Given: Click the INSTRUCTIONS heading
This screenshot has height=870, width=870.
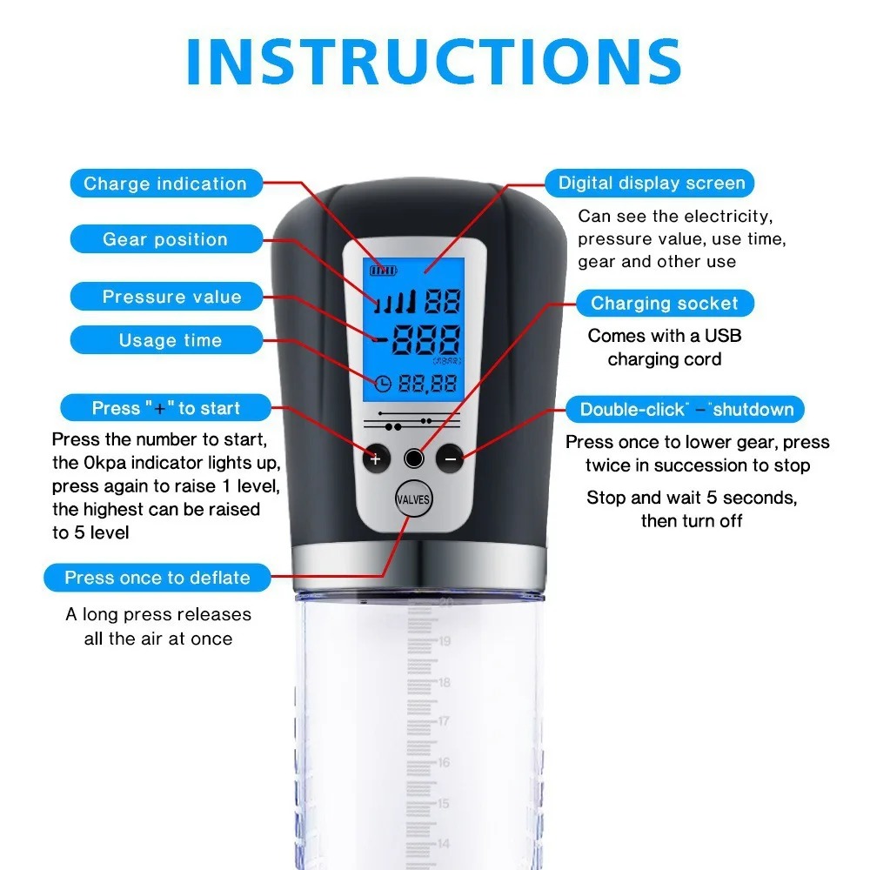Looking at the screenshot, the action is [x=434, y=62].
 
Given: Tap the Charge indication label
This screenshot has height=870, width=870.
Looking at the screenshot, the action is [x=166, y=183].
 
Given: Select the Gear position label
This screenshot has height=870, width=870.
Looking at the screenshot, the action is [x=166, y=239].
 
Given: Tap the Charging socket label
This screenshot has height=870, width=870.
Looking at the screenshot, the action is [x=665, y=303].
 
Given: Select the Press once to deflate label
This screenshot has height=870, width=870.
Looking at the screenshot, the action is [x=157, y=578].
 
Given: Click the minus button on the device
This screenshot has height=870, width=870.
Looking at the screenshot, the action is [x=450, y=458].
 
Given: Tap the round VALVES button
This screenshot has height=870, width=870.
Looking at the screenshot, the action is [x=412, y=499].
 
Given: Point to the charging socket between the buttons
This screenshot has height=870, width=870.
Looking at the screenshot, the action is [x=414, y=458].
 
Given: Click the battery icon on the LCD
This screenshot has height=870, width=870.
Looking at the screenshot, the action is [x=384, y=271].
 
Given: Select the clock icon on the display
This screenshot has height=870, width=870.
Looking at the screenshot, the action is [x=383, y=384].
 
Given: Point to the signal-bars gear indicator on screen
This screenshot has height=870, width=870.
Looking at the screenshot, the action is [x=394, y=301].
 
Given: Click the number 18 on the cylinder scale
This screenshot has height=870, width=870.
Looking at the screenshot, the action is [x=445, y=682].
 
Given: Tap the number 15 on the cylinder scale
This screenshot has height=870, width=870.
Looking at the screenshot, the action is [x=444, y=803].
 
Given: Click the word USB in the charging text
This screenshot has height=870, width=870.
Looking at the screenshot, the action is [x=723, y=336].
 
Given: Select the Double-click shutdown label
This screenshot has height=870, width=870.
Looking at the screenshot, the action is [x=686, y=410].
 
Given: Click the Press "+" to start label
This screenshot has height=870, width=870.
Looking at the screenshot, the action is [x=166, y=408].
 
